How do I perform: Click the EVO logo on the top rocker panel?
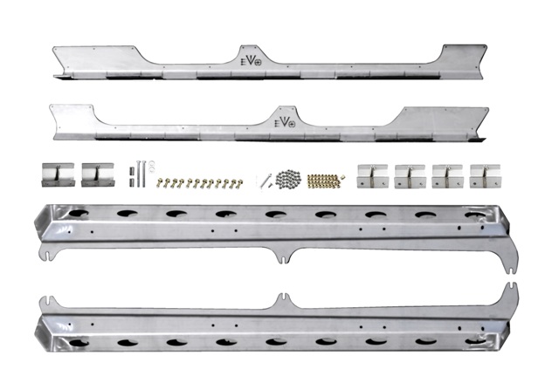[251, 61]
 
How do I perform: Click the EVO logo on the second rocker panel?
[285, 122]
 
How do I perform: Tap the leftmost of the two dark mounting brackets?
[59, 174]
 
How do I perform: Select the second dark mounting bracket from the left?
[98, 174]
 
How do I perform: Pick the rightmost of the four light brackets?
[485, 176]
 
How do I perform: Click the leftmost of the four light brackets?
[372, 176]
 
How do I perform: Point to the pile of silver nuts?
[288, 179]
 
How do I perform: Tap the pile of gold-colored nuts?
[325, 181]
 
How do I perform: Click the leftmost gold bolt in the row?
[159, 183]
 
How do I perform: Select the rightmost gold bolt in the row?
[239, 183]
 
